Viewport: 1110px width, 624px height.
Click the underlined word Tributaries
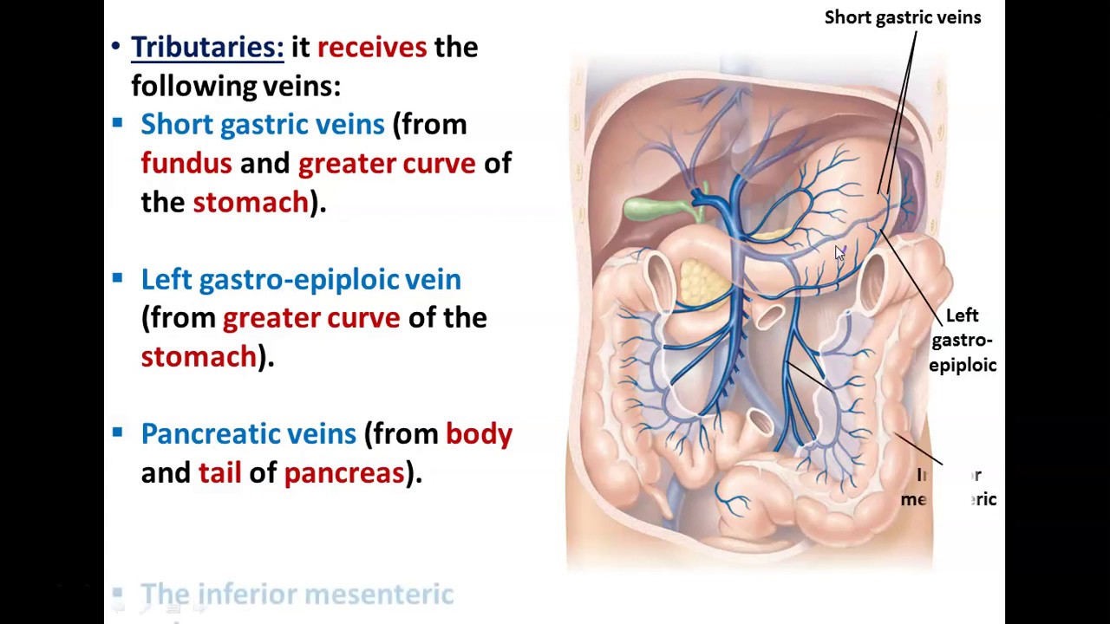click(x=206, y=47)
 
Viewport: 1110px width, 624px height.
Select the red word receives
click(x=372, y=47)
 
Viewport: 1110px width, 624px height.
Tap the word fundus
click(x=186, y=163)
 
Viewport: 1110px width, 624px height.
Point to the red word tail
click(x=219, y=472)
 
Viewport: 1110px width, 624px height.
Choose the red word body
click(x=479, y=433)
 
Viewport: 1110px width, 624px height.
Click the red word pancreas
click(x=344, y=472)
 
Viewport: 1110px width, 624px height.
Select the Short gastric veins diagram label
click(x=902, y=17)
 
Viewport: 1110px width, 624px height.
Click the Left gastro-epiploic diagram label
click(x=962, y=340)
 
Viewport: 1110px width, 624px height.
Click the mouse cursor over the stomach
click(x=839, y=253)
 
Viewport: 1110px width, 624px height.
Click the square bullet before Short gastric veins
click(x=118, y=124)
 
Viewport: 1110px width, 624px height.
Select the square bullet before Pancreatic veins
click(x=118, y=432)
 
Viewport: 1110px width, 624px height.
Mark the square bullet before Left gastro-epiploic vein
click(x=118, y=278)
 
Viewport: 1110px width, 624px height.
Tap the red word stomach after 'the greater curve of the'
click(x=199, y=356)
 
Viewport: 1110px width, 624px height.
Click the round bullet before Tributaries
click(x=116, y=47)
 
